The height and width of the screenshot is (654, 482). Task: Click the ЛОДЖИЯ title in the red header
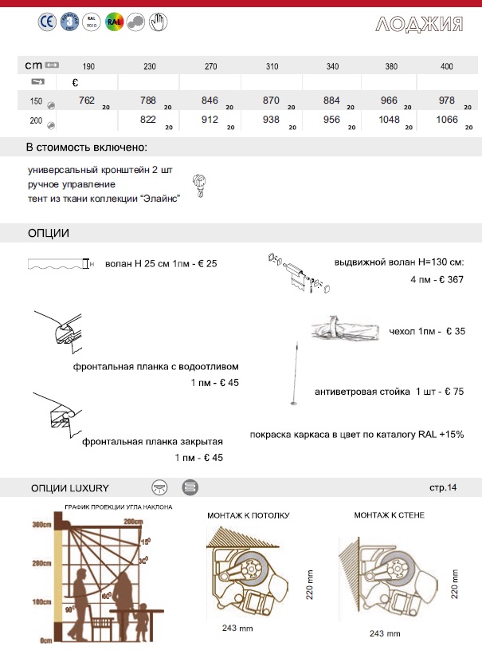pyautogui.click(x=419, y=23)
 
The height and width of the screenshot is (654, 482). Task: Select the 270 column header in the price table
pyautogui.click(x=210, y=65)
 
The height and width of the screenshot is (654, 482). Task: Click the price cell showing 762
pyautogui.click(x=88, y=100)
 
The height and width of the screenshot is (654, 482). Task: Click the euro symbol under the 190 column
pyautogui.click(x=74, y=82)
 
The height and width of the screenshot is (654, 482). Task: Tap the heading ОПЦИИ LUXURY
pyautogui.click(x=69, y=487)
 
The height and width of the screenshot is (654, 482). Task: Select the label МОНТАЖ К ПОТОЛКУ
pyautogui.click(x=249, y=514)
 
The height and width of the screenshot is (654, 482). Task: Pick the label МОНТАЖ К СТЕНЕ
pyautogui.click(x=389, y=514)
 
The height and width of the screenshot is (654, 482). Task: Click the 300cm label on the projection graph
pyautogui.click(x=41, y=526)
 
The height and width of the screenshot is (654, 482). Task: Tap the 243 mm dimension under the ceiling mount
pyautogui.click(x=237, y=628)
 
